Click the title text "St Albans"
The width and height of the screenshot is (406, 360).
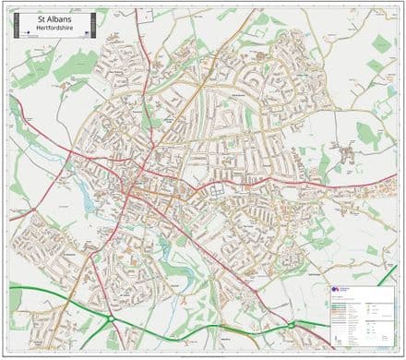[52, 18]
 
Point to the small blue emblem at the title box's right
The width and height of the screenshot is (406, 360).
[85, 32]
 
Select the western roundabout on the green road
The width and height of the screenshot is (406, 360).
[110, 318]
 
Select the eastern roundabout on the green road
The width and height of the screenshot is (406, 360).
[294, 324]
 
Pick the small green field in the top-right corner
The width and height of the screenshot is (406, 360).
[380, 42]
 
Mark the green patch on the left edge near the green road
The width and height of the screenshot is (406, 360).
[15, 297]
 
